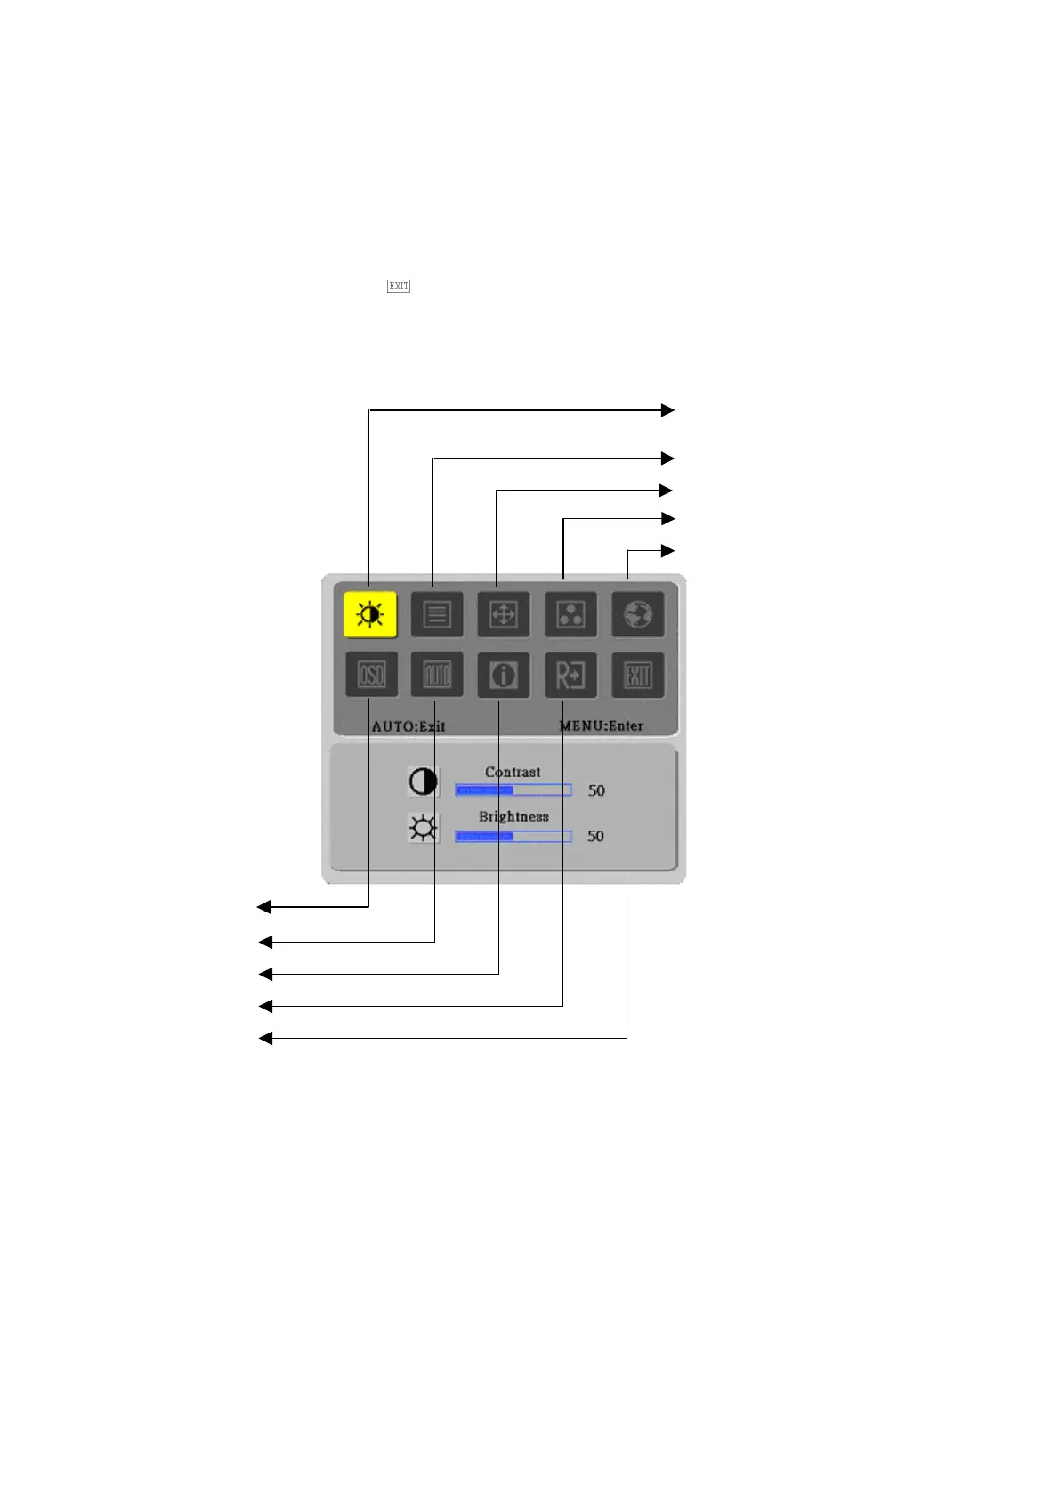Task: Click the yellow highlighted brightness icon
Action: click(x=370, y=614)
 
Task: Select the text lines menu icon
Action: click(x=437, y=614)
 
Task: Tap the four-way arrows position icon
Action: click(x=504, y=614)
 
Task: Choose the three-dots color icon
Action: click(x=570, y=614)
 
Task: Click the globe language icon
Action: click(x=638, y=614)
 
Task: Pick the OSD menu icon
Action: click(x=371, y=676)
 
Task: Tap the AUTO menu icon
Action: click(x=437, y=676)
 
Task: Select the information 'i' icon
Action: click(x=504, y=676)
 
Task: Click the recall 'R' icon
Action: click(x=570, y=676)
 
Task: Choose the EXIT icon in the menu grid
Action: click(x=638, y=676)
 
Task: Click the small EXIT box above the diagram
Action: click(x=399, y=286)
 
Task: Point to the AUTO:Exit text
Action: click(x=408, y=726)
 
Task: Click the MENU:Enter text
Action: click(x=601, y=725)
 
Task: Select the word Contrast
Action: click(x=513, y=772)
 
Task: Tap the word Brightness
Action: click(x=513, y=816)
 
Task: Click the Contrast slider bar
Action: click(x=513, y=790)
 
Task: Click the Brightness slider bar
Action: click(x=513, y=836)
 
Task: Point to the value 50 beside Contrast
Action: click(x=596, y=790)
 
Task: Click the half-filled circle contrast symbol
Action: click(x=424, y=782)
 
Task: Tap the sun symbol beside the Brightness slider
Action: click(x=424, y=829)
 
